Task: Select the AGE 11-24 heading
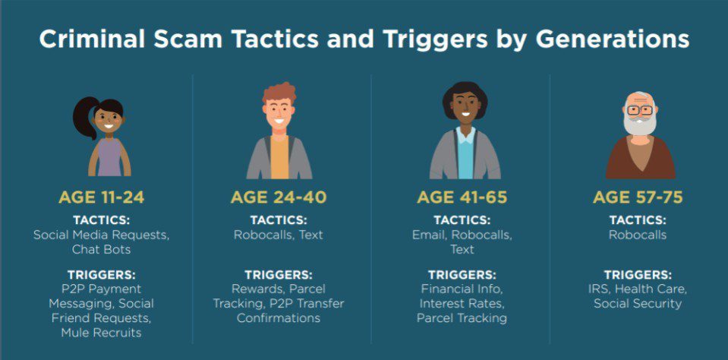pos(101,197)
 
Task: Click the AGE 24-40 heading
pos(279,197)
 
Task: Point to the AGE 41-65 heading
pos(462,197)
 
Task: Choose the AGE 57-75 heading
pos(638,197)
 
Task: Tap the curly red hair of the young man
pos(279,93)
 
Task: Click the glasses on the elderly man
pos(640,111)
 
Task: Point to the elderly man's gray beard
pos(640,125)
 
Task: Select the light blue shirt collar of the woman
pos(465,134)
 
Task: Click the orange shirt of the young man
pos(279,157)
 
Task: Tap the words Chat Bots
pos(101,249)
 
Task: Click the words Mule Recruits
pos(101,333)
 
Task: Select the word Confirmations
pos(279,318)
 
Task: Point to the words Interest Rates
pos(462,303)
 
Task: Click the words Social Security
pos(638,303)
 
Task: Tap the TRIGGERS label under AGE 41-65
pos(462,274)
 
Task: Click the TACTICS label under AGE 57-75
pos(638,220)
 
